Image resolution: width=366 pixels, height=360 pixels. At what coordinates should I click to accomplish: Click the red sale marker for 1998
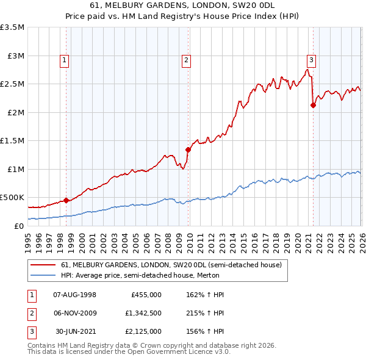coord(66,200)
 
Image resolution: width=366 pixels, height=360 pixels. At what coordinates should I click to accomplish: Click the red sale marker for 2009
coord(188,149)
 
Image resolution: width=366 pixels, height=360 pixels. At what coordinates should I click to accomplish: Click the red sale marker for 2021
coord(313,105)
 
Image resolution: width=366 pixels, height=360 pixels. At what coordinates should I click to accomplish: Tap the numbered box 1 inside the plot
coord(64,60)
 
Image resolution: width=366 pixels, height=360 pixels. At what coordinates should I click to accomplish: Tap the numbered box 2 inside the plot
coord(185,60)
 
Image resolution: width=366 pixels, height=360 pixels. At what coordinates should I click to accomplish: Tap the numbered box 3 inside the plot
coord(311,60)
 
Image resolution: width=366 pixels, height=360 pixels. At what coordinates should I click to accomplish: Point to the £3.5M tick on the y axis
coord(12,27)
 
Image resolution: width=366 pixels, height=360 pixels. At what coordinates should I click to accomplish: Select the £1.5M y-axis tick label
coord(12,140)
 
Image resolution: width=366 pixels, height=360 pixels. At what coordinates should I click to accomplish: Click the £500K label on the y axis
coord(12,197)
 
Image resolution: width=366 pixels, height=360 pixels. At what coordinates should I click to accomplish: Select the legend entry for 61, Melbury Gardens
coord(171,265)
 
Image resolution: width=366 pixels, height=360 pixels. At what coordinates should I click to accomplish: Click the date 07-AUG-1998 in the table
coord(75,294)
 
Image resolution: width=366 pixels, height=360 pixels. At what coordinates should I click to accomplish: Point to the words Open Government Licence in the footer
coord(177,352)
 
